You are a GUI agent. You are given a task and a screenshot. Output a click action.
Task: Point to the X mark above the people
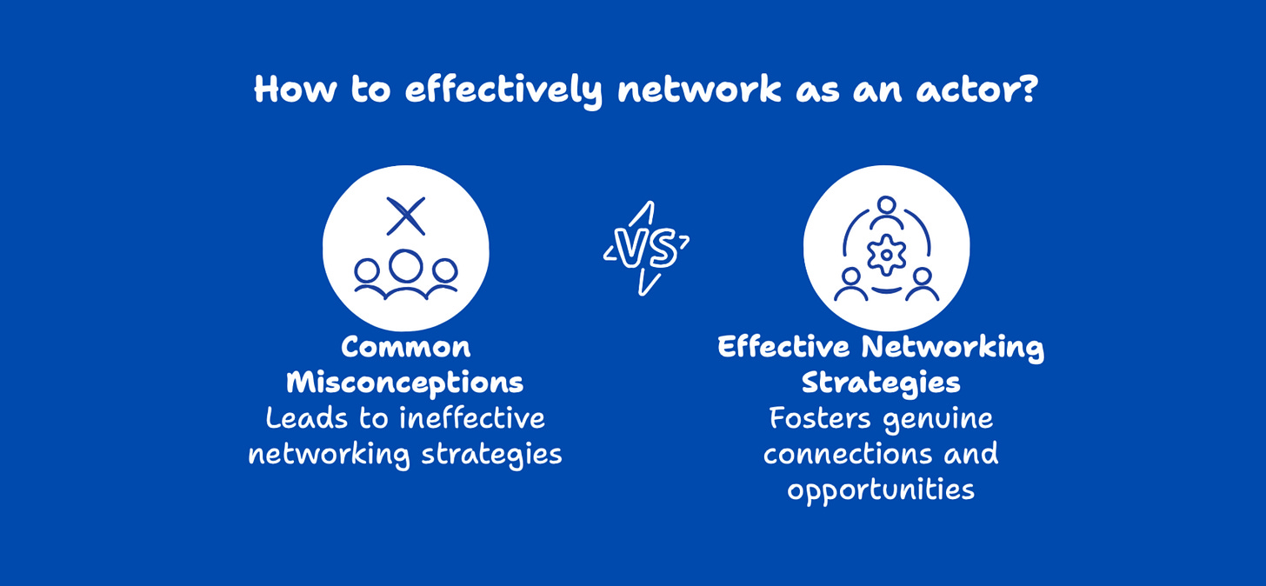[x=405, y=216]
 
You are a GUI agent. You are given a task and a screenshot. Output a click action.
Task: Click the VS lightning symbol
[x=646, y=249]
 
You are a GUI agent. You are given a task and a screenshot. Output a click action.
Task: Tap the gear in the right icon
[x=886, y=254]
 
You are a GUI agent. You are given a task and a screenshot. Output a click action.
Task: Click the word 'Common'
[x=405, y=347]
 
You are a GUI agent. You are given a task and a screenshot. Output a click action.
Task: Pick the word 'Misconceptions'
[x=405, y=383]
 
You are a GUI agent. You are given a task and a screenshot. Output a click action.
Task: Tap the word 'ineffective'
[x=472, y=418]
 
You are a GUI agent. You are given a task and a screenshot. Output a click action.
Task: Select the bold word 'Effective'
[x=783, y=347]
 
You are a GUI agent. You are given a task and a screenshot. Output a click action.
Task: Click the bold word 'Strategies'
[x=881, y=383]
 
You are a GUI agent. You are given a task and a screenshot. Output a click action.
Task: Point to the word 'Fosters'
[x=820, y=418]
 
